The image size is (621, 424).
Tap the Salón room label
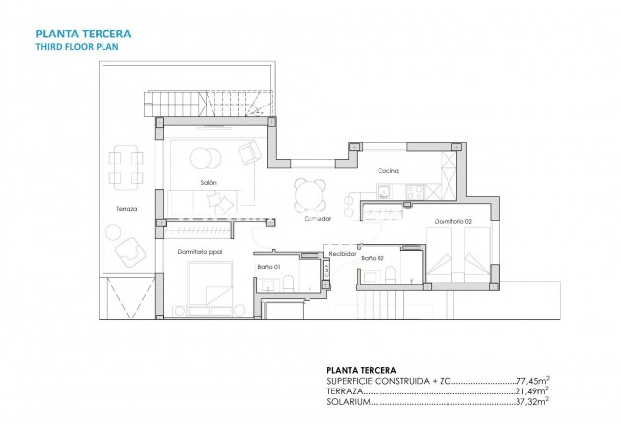(208, 183)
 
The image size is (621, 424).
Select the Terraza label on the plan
(124, 209)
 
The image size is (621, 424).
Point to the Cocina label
(387, 170)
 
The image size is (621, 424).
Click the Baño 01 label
(270, 267)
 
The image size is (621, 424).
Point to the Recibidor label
(342, 253)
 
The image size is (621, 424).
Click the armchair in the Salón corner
(250, 152)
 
